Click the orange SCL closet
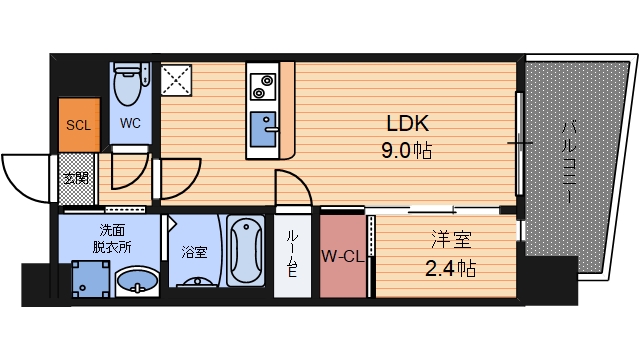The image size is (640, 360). coord(79,125)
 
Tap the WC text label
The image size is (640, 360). coord(131,125)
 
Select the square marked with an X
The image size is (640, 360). coord(178,79)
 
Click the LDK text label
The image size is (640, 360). coord(408,124)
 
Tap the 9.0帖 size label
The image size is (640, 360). coord(408,153)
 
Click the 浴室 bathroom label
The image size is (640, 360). coord(194,252)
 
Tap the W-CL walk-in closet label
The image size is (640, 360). coord(342,255)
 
